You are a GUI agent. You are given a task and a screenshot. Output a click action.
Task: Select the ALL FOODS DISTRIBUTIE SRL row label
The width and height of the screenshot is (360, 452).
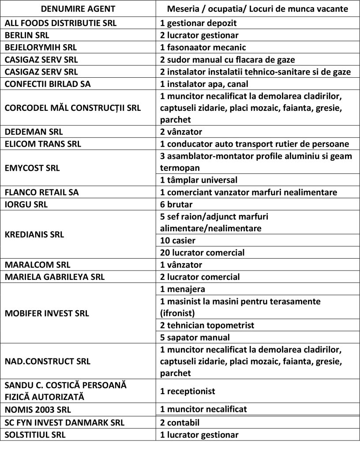60,23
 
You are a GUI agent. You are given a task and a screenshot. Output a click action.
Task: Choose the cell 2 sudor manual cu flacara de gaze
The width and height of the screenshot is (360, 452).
227,59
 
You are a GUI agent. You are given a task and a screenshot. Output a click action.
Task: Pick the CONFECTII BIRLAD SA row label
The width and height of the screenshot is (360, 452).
47,83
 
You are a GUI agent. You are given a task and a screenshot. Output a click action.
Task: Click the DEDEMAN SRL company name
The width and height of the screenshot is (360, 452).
34,132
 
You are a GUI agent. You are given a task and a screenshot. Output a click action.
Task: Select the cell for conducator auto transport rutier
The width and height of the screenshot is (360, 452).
255,143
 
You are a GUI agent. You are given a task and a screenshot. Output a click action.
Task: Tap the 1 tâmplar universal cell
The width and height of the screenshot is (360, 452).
199,180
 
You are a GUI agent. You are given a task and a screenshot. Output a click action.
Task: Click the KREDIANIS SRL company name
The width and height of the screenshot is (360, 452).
34,234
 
